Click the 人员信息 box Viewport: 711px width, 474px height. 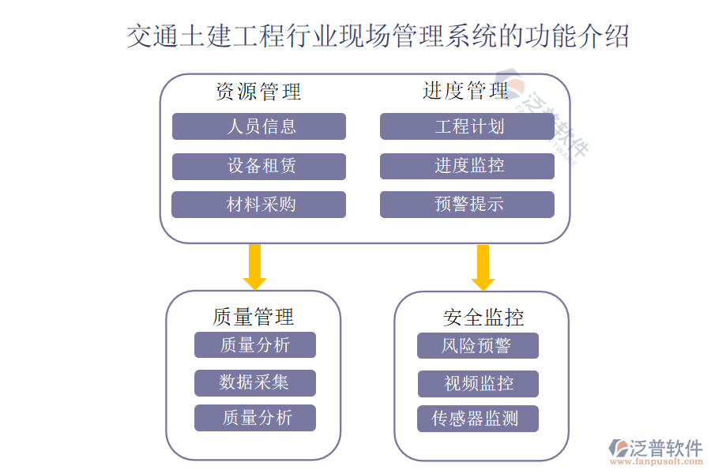[258, 126]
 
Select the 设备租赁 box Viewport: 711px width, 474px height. [258, 166]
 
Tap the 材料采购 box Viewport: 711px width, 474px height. [258, 205]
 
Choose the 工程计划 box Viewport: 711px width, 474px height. [467, 126]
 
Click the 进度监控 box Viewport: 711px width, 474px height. [467, 166]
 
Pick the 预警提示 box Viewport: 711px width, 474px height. [467, 205]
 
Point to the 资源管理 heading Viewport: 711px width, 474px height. [258, 92]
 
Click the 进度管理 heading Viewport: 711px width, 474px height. [465, 91]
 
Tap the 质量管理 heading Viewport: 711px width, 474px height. [253, 317]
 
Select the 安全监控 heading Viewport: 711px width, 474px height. [483, 318]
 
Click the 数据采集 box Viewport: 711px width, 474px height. [254, 383]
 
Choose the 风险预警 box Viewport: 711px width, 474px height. [477, 345]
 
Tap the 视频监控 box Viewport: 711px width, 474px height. [478, 384]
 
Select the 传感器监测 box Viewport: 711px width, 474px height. [477, 419]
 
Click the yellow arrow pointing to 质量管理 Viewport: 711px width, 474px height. [254, 266]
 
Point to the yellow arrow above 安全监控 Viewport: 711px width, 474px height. [483, 267]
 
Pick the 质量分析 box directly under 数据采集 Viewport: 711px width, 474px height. [254, 418]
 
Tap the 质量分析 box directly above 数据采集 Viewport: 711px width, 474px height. [254, 345]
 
